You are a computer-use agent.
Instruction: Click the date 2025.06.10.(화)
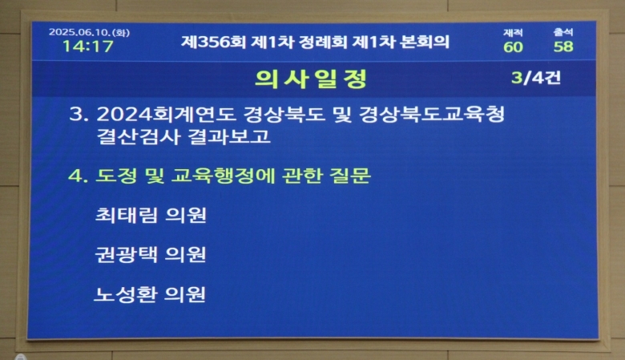coord(89,32)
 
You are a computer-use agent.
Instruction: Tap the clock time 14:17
coord(88,47)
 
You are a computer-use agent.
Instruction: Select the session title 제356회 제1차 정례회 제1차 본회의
coord(315,42)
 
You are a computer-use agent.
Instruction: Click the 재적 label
coord(513,33)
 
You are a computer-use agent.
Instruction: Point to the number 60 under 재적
coord(513,47)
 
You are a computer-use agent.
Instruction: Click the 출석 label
coord(562,32)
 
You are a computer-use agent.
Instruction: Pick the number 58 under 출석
coord(563,47)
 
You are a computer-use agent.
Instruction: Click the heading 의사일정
coord(311,79)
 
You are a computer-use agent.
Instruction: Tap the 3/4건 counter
coord(536,77)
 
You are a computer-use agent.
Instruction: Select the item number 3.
coord(79,114)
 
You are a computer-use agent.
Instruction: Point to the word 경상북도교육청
coord(432,114)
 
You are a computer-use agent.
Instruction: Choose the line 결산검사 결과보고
coord(183,137)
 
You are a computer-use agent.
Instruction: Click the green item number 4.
coord(78,176)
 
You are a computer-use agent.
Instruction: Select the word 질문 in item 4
coord(350,176)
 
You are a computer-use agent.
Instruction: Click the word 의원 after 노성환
coord(185,294)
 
